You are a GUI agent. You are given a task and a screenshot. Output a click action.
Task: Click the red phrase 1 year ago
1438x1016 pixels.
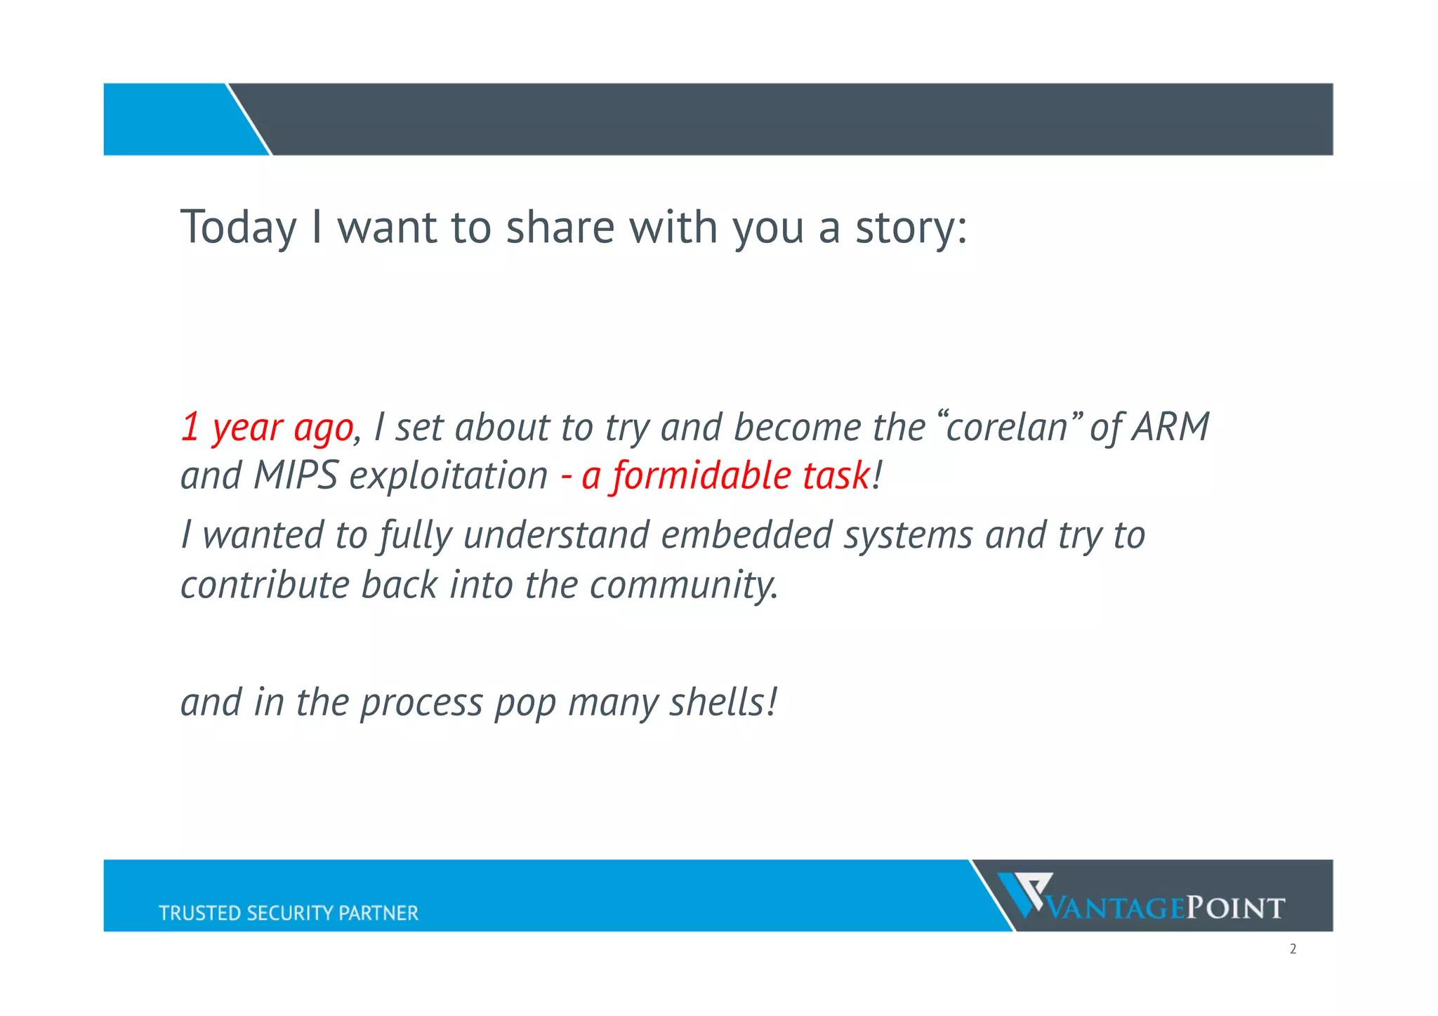[x=267, y=428]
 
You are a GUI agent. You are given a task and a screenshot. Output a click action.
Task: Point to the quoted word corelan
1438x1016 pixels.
[x=1007, y=427]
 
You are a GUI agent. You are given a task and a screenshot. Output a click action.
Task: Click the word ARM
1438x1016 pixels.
[x=1170, y=427]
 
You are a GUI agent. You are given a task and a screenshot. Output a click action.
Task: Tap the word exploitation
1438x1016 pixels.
[x=448, y=476]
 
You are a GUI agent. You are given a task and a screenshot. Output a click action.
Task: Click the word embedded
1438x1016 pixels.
[x=746, y=535]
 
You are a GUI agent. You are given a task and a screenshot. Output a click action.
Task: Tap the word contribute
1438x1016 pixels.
[x=264, y=585]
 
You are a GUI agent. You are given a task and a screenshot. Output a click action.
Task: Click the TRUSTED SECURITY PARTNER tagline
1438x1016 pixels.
[x=288, y=913]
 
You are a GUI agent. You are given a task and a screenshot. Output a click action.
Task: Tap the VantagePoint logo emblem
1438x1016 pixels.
[x=1024, y=894]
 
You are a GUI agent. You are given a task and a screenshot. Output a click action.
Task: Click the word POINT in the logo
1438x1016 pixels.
[x=1235, y=909]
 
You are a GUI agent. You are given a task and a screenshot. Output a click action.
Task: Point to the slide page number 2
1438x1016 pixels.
[x=1293, y=949]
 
